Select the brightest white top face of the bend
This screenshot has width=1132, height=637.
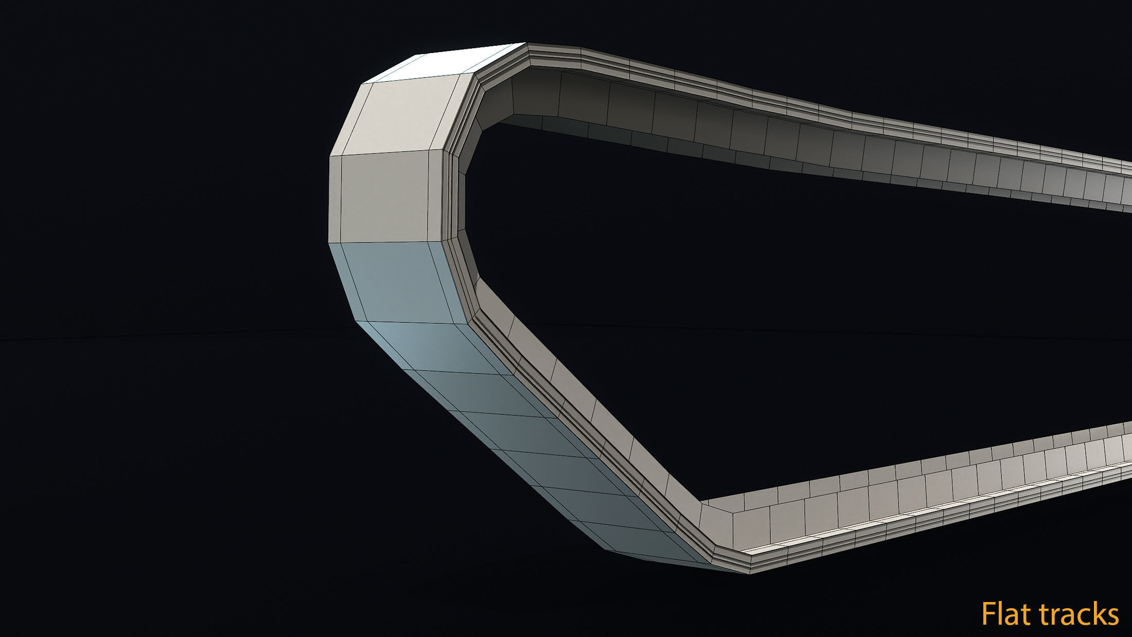[443, 64]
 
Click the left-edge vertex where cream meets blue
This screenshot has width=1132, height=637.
[329, 242]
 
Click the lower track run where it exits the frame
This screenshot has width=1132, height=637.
[1122, 463]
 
